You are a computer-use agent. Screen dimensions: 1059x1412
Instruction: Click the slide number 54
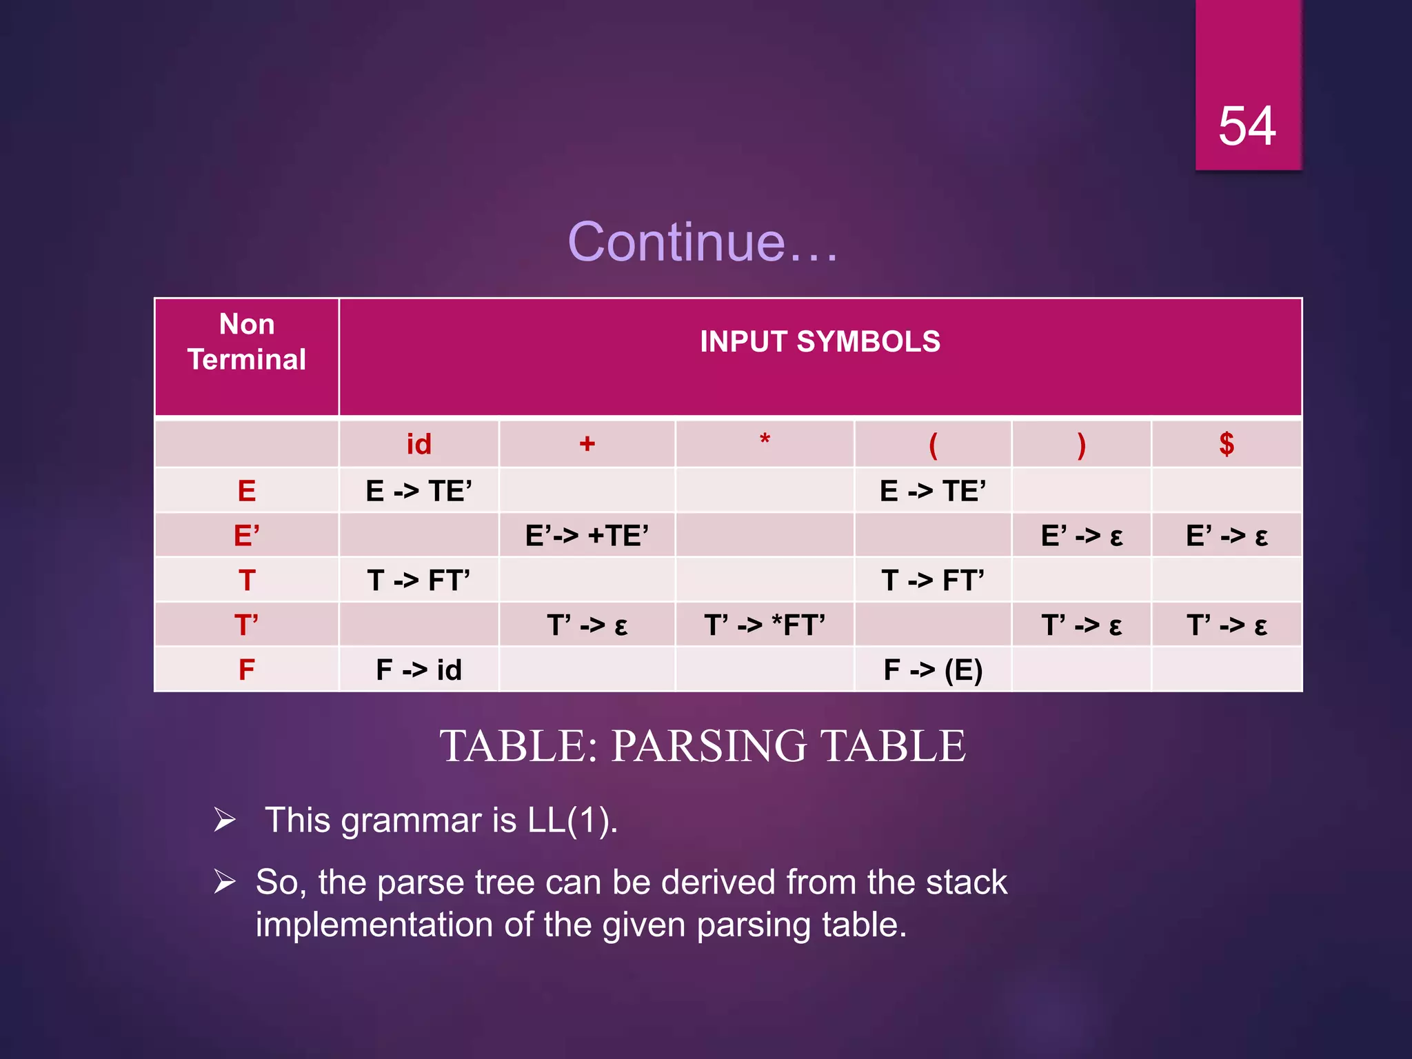click(x=1247, y=126)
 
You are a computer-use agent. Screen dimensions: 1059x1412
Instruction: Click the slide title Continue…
click(x=703, y=242)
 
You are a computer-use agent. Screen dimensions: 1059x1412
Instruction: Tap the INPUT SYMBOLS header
click(x=820, y=342)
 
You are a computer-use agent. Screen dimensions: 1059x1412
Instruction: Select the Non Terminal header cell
click(x=247, y=342)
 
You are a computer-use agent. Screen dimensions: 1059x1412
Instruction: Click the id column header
click(x=418, y=445)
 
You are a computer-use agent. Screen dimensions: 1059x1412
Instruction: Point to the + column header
click(x=587, y=444)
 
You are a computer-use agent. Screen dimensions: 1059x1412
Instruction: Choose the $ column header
click(x=1227, y=444)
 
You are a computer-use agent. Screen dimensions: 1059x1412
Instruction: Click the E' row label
click(x=247, y=536)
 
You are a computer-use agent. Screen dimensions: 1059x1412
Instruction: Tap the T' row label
click(x=247, y=625)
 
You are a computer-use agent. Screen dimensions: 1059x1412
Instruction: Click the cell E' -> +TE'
click(x=587, y=536)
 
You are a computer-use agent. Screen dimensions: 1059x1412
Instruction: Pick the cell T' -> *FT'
click(x=765, y=625)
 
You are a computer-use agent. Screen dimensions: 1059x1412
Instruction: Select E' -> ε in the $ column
click(x=1227, y=536)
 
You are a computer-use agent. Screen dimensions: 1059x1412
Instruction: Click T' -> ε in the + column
click(x=587, y=625)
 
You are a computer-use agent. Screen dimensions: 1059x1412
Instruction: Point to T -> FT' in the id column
click(x=418, y=581)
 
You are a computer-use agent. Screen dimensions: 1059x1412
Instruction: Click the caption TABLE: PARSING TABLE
click(x=703, y=746)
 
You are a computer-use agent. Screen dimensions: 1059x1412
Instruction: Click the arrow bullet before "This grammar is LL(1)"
click(x=225, y=820)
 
